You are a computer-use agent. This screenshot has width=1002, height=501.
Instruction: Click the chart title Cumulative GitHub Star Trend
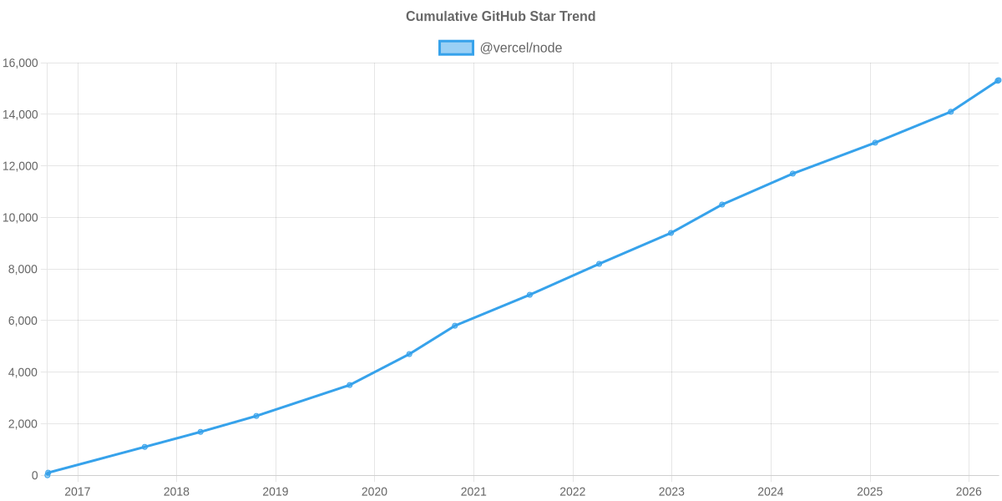point(500,17)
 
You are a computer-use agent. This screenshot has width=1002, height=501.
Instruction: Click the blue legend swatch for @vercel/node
point(456,48)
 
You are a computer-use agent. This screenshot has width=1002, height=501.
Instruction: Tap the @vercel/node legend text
point(520,48)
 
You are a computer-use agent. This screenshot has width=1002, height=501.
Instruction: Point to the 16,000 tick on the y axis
point(21,63)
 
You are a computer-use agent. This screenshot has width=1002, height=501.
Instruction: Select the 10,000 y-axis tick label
point(21,218)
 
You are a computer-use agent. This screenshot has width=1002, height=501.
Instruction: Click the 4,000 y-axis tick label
point(23,372)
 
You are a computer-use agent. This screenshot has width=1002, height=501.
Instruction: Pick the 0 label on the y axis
point(35,476)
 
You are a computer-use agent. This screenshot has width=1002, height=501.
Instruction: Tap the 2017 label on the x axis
point(78,492)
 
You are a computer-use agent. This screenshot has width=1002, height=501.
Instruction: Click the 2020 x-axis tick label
point(374,492)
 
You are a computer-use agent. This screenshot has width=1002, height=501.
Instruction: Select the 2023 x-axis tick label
point(671,492)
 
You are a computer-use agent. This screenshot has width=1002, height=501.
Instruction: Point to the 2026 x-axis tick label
point(969,492)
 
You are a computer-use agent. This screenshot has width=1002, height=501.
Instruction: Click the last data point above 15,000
point(998,80)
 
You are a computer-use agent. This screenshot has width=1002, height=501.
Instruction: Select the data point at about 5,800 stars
point(454,326)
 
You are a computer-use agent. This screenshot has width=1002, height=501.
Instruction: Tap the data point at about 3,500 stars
point(350,385)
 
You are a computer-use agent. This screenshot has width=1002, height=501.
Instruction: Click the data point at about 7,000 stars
point(529,295)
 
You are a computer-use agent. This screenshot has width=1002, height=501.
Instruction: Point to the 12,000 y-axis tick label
point(21,166)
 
